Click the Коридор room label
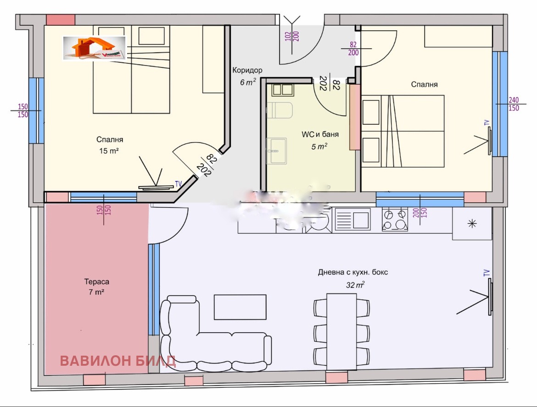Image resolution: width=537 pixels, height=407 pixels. pyautogui.click(x=247, y=71)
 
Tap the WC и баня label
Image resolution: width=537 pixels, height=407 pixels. pyautogui.click(x=320, y=135)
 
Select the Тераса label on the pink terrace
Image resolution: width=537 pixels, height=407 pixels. pyautogui.click(x=96, y=282)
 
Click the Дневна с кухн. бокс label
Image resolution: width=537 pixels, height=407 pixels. pyautogui.click(x=352, y=272)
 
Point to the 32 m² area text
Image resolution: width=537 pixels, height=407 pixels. pyautogui.click(x=355, y=285)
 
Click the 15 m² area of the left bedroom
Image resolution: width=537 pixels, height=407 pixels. pyautogui.click(x=109, y=150)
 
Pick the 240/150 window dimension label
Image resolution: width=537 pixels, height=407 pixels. pyautogui.click(x=514, y=104)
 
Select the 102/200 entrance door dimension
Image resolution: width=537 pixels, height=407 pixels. pyautogui.click(x=291, y=36)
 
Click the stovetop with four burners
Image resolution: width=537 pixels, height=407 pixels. pyautogui.click(x=395, y=219)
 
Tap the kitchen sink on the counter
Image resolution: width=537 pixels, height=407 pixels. pyautogui.click(x=352, y=219)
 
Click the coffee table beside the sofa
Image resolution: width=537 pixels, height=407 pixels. pyautogui.click(x=240, y=307)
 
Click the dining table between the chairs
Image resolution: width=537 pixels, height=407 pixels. pyautogui.click(x=341, y=331)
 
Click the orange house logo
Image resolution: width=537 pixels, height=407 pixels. pyautogui.click(x=94, y=48)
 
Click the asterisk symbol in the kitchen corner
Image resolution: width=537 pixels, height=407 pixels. pyautogui.click(x=471, y=224)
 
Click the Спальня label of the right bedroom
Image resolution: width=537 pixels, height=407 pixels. pyautogui.click(x=424, y=84)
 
